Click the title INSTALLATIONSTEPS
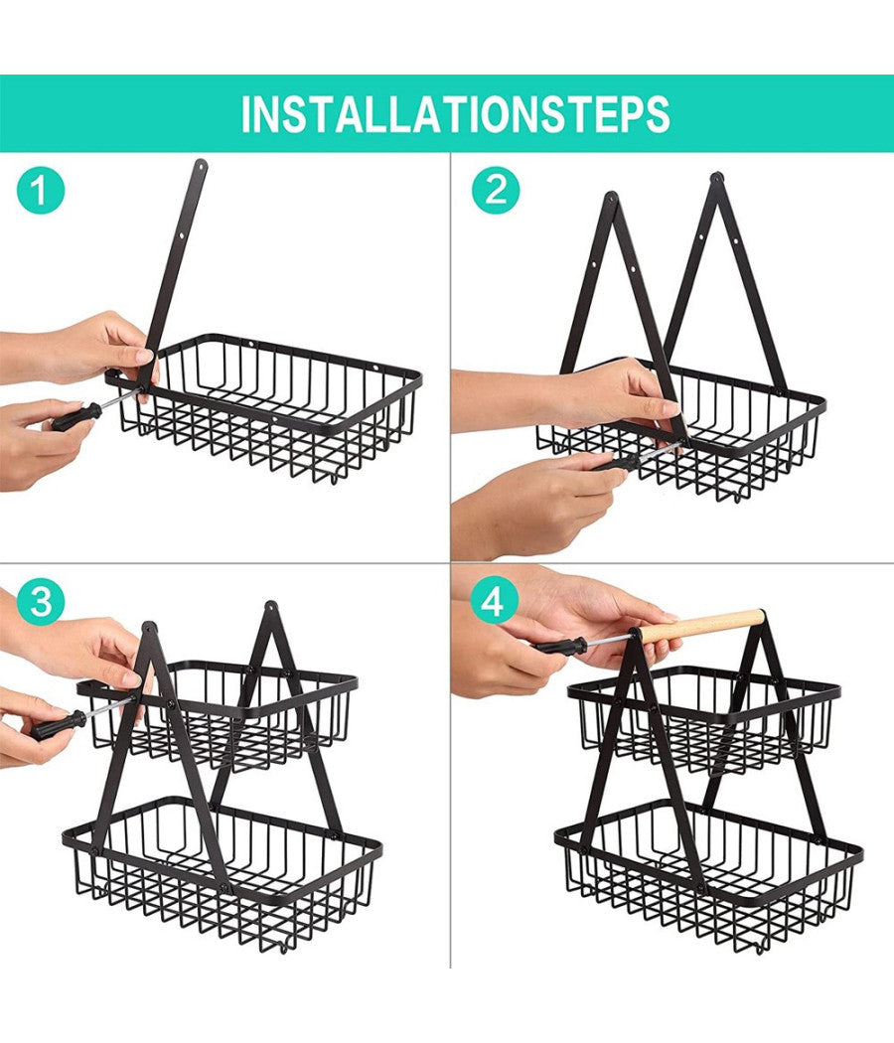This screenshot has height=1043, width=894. pos(455,114)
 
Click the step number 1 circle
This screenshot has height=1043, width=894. pos(41,190)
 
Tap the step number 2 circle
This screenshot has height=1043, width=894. pos(496,190)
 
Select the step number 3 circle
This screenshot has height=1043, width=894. pos(41,603)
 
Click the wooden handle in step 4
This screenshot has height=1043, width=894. pos(701,625)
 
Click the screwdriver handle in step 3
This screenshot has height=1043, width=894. pos(59,725)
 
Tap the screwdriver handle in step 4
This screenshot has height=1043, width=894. pos(561,646)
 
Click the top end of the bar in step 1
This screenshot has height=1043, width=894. pos(201,164)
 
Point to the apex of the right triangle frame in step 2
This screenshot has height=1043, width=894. pos(716,178)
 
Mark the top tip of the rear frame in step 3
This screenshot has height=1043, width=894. pos(271,607)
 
